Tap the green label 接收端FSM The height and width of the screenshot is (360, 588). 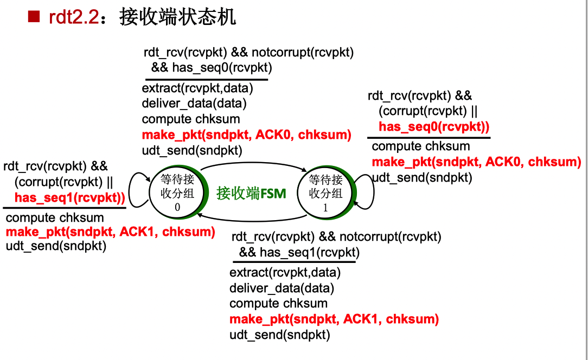point(251,194)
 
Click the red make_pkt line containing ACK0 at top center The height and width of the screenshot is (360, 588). point(246,135)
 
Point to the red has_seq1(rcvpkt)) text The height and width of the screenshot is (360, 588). point(69,197)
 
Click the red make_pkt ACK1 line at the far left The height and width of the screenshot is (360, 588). point(110,232)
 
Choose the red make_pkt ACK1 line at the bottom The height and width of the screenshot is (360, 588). point(334,319)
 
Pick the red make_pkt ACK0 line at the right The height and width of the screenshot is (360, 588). point(476,162)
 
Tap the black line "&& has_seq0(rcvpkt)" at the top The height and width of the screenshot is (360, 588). point(212,68)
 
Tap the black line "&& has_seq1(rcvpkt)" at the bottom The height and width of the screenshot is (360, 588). point(299,252)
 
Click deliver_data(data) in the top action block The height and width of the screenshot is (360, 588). point(194,103)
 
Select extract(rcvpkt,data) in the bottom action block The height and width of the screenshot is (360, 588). point(285,272)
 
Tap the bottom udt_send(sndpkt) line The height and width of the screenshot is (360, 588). point(279,335)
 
